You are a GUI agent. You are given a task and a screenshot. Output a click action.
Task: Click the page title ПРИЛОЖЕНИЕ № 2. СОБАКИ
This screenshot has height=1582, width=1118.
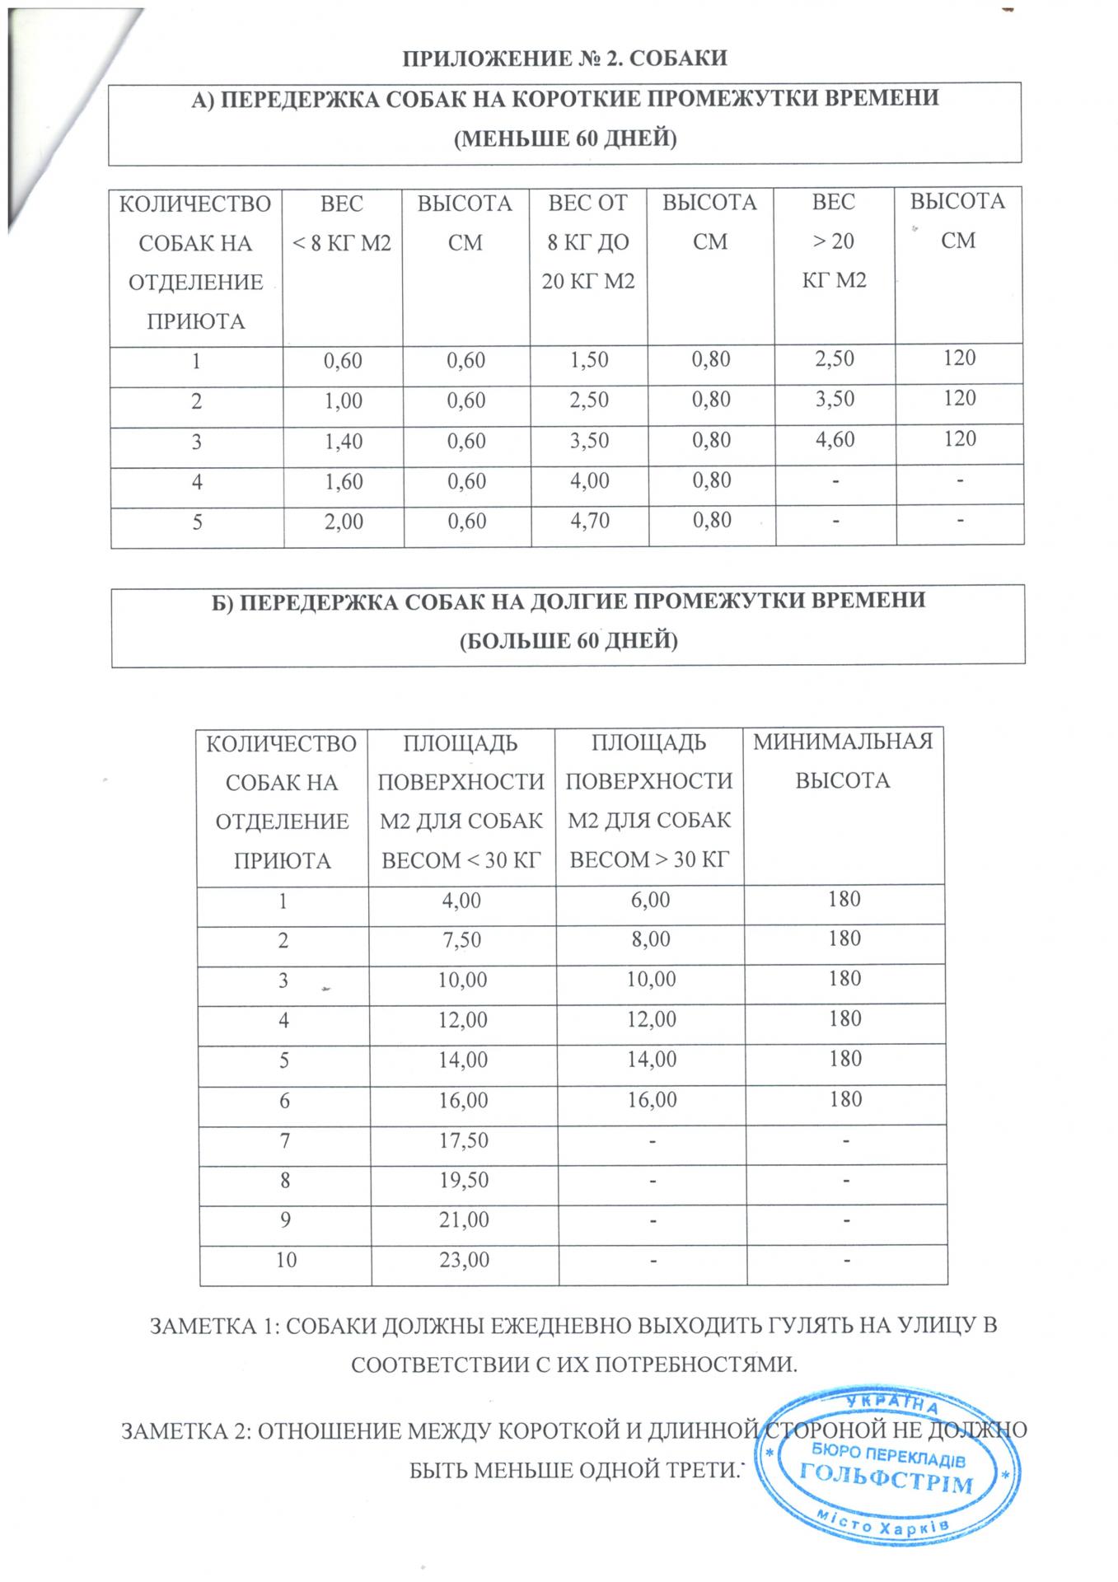pyautogui.click(x=564, y=59)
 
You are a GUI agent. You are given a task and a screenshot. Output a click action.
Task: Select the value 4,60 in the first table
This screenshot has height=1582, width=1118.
pyautogui.click(x=835, y=438)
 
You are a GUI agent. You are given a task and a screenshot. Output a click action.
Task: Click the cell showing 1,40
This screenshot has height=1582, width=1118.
pyautogui.click(x=344, y=441)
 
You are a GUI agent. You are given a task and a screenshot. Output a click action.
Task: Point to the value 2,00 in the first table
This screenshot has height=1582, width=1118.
pyautogui.click(x=344, y=522)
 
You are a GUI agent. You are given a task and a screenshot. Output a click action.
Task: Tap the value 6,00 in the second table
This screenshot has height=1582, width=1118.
pyautogui.click(x=650, y=898)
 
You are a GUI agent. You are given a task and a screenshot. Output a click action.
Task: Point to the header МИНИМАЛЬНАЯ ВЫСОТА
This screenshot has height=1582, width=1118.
pyautogui.click(x=843, y=761)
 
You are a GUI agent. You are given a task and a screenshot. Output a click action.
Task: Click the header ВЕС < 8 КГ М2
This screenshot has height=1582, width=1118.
pyautogui.click(x=343, y=222)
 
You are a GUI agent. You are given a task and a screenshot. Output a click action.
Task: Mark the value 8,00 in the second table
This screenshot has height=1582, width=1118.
pyautogui.click(x=650, y=938)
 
